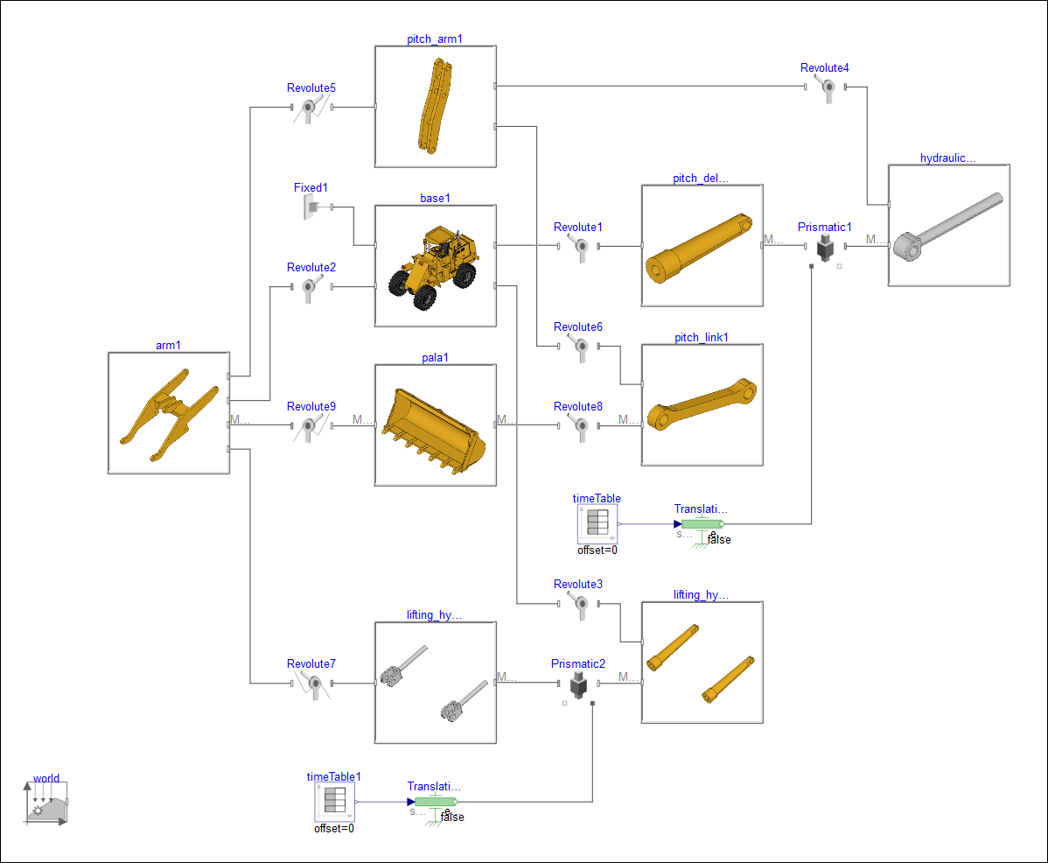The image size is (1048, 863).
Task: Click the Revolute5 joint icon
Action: tap(310, 108)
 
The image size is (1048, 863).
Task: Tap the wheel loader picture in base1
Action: tap(436, 266)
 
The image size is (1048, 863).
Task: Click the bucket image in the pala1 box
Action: tap(435, 425)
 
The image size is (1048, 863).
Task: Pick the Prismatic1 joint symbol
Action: tap(824, 248)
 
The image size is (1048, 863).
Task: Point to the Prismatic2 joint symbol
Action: tap(577, 684)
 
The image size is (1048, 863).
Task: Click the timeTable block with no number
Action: tap(597, 523)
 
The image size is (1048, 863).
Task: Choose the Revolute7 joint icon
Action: tap(311, 684)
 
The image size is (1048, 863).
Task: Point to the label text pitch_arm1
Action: tap(435, 39)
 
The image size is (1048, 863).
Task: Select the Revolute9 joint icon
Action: tap(310, 425)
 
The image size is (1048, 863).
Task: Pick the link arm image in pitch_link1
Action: tap(702, 405)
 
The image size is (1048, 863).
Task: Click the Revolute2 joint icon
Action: tap(310, 286)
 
